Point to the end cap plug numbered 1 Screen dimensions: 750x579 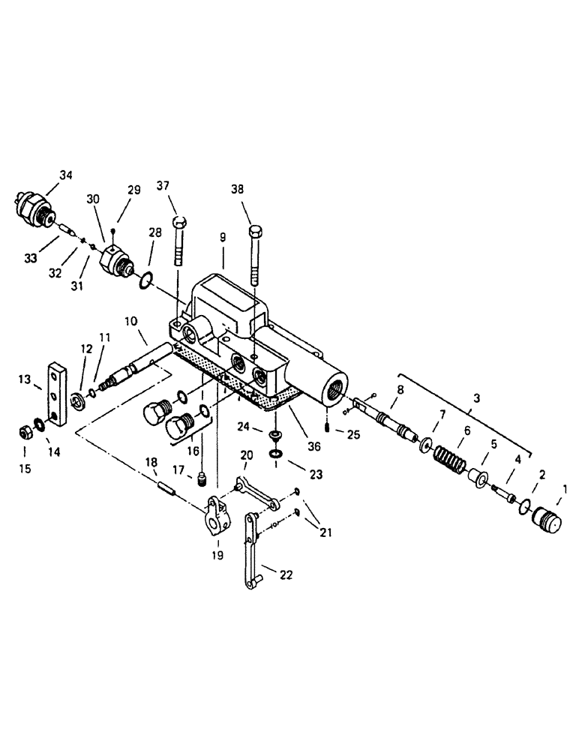pyautogui.click(x=544, y=520)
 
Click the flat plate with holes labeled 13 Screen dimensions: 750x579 pyautogui.click(x=56, y=393)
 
